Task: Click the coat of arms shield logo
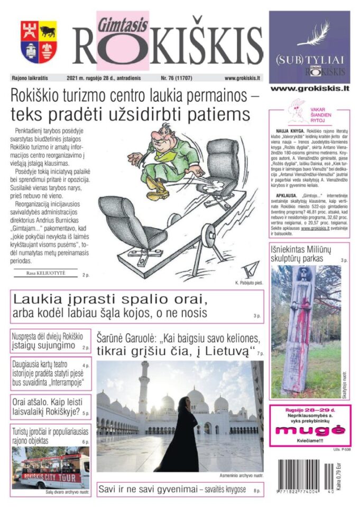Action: coord(39,42)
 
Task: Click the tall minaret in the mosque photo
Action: coord(144,393)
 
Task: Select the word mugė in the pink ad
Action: coord(309,430)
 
